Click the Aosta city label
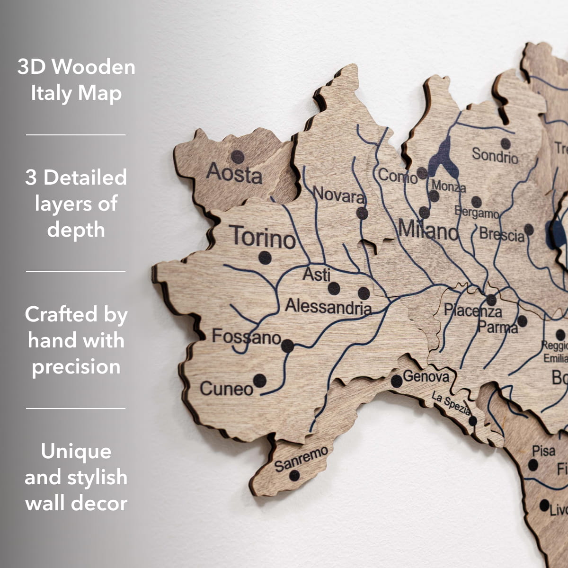[234, 174]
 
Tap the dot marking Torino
[265, 258]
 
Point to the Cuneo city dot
[259, 380]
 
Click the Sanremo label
[301, 458]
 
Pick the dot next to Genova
[397, 381]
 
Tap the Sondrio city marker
[506, 143]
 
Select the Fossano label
[246, 337]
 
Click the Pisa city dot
[533, 465]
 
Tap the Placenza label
[472, 311]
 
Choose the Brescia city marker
[529, 230]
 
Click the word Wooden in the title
[93, 67]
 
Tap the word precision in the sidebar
[76, 367]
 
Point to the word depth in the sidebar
[76, 230]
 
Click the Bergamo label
[477, 213]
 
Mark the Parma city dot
[522, 321]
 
